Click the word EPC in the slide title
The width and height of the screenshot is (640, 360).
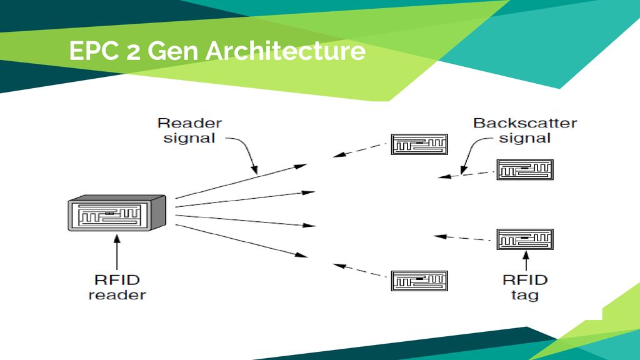94,51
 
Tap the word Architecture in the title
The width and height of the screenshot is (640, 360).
286,51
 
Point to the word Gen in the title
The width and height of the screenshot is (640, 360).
173,51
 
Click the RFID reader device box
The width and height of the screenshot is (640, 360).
117,212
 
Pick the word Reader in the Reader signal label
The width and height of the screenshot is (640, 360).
190,123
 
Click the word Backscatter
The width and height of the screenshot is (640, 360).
525,123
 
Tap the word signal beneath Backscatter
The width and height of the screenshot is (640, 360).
525,138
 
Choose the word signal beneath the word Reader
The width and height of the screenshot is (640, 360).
189,138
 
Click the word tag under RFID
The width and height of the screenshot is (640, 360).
525,295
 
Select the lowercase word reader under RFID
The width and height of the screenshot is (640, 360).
117,295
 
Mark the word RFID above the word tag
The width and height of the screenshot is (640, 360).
525,280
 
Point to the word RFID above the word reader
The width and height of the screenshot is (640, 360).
117,280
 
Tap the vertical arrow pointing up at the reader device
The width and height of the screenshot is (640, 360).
117,252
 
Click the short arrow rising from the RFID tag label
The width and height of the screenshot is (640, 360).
526,261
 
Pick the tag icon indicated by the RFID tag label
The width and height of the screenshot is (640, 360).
525,239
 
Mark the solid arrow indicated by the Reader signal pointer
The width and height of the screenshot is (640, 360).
241,181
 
